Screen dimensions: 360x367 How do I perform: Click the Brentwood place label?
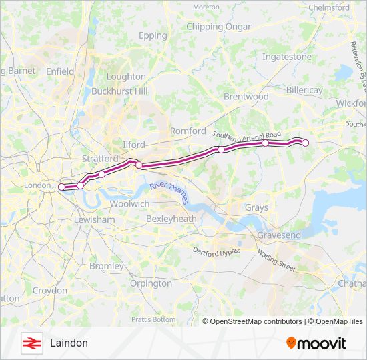click(x=246, y=97)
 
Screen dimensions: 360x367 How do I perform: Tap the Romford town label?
click(x=188, y=131)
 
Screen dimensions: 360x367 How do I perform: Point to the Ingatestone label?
click(x=287, y=57)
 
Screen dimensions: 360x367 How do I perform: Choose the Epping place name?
click(x=153, y=35)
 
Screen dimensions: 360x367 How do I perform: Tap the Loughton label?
click(x=126, y=77)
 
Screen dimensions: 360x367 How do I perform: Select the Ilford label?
click(x=134, y=144)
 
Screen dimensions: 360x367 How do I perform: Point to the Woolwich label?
click(x=129, y=204)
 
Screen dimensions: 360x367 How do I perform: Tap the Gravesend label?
click(x=279, y=235)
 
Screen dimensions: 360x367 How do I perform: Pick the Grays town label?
click(x=256, y=207)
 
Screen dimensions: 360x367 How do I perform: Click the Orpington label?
click(x=151, y=283)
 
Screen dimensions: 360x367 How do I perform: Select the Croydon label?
click(x=50, y=291)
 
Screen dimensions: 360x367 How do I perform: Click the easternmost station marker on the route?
click(x=306, y=142)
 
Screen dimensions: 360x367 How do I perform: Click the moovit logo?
click(x=316, y=343)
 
